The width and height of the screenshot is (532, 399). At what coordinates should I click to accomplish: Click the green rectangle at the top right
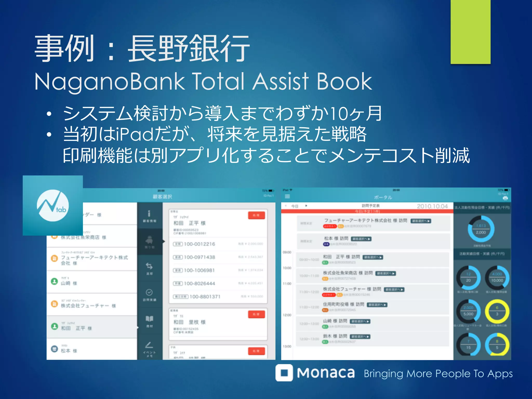coord(470,32)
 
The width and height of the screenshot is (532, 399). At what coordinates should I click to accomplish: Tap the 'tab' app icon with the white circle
coord(53,205)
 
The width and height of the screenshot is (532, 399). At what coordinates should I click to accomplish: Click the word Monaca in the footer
coord(326,373)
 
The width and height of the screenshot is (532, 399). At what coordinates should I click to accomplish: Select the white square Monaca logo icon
coord(284,373)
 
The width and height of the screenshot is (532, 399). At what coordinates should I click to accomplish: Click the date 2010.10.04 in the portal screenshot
coord(432,206)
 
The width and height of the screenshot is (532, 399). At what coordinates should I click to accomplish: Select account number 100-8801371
coord(205,297)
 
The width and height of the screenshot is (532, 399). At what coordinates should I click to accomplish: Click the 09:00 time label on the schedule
coord(287,252)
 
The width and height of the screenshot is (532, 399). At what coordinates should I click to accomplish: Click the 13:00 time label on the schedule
coord(287,346)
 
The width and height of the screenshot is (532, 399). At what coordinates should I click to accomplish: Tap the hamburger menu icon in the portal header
coord(287,197)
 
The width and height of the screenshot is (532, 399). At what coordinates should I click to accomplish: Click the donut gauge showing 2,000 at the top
coord(481,229)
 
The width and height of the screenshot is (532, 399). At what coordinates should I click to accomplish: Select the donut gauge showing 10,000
coord(497,277)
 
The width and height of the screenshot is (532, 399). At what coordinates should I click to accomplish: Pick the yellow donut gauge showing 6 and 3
coord(497,311)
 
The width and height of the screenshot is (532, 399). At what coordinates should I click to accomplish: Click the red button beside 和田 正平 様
coord(256,215)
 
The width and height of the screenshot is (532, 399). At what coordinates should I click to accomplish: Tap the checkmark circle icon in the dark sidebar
coord(149,292)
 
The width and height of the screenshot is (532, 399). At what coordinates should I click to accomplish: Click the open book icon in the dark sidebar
coord(149,319)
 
